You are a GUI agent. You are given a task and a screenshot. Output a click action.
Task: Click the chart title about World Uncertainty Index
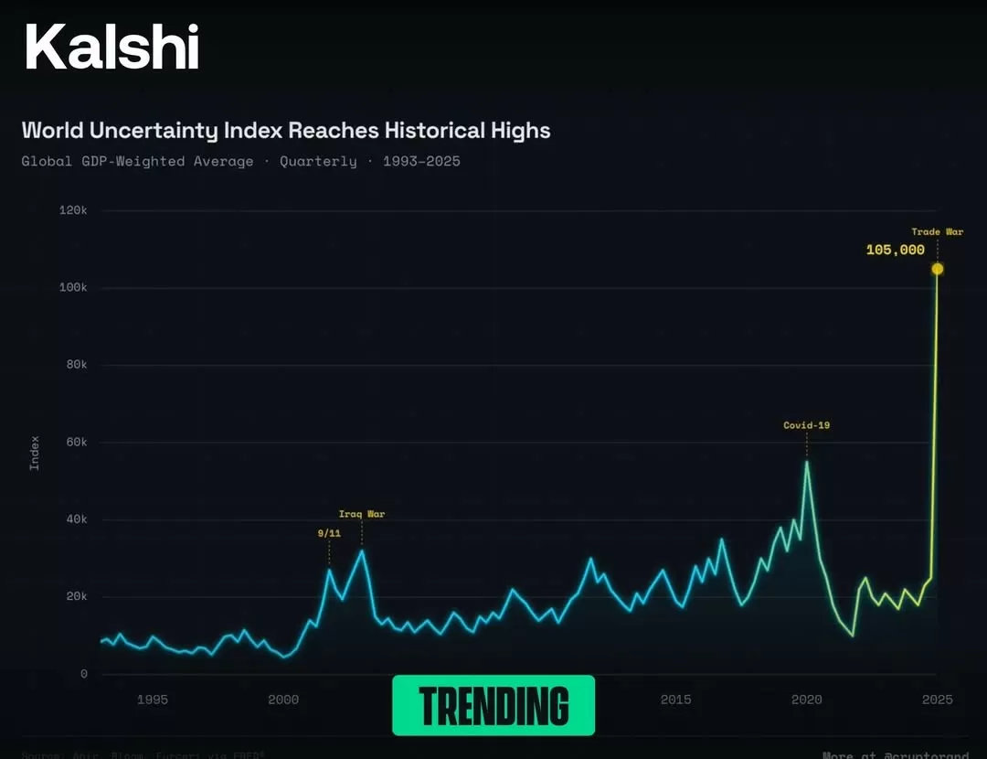[x=286, y=130]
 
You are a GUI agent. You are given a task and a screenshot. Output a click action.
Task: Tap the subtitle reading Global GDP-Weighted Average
[x=137, y=161]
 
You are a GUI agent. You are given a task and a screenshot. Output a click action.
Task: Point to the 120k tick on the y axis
[x=72, y=210]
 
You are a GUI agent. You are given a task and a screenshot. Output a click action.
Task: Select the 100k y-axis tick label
[x=72, y=288]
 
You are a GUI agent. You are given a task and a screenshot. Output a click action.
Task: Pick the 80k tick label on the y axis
[x=75, y=365]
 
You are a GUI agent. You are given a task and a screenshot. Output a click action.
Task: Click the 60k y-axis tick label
[x=75, y=443]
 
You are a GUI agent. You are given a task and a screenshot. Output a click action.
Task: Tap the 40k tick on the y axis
[x=75, y=519]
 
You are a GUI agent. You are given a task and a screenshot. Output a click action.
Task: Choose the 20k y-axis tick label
[x=75, y=597]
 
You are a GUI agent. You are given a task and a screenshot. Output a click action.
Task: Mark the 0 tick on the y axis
[x=84, y=675]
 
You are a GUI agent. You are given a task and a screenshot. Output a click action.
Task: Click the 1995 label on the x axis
[x=153, y=700]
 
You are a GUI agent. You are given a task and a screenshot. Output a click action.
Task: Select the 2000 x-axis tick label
[x=283, y=700]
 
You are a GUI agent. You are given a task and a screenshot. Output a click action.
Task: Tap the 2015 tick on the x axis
[x=676, y=700]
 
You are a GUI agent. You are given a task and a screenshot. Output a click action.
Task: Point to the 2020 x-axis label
[x=807, y=700]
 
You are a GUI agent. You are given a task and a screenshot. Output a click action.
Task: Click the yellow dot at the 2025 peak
[x=938, y=269]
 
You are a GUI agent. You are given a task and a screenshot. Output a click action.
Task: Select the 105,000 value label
[x=896, y=250]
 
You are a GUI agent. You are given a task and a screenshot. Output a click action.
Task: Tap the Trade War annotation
[x=938, y=232]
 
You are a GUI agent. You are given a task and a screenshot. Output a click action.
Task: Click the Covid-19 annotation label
[x=807, y=425]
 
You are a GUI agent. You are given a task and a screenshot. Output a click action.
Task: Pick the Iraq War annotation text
[x=362, y=514]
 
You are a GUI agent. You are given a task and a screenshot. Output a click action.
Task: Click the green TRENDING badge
[x=493, y=705]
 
